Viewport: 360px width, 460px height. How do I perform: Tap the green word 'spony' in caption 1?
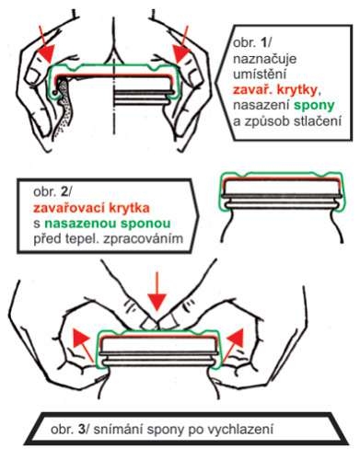click(314, 106)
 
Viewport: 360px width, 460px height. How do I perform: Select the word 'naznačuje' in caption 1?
click(264, 58)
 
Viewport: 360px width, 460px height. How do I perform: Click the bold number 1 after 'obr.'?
click(263, 42)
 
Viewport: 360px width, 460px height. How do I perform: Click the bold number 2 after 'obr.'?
click(64, 192)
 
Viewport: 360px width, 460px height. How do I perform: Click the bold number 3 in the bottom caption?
click(81, 429)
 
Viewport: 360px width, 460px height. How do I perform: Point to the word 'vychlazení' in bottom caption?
click(240, 429)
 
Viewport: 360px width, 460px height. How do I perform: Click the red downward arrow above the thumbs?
click(157, 291)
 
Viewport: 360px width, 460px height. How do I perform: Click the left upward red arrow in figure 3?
click(83, 344)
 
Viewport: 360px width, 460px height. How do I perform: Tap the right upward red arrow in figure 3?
click(233, 344)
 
